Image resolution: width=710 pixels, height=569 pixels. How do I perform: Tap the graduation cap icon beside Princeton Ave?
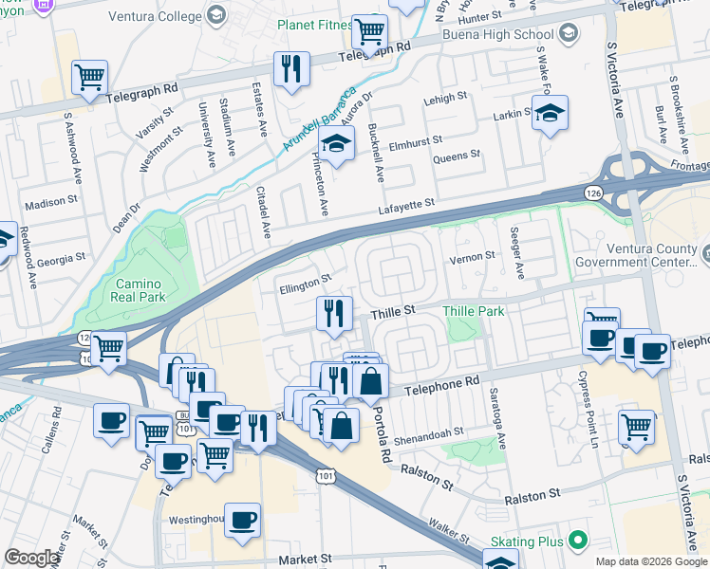click(335, 145)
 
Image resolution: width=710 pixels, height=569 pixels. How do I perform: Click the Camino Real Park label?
click(141, 291)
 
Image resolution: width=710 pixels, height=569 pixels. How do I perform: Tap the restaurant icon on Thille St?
click(333, 314)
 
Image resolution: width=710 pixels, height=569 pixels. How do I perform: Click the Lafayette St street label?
click(405, 203)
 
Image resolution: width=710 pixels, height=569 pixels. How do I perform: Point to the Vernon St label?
click(472, 256)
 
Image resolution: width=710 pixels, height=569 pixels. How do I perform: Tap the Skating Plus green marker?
click(577, 541)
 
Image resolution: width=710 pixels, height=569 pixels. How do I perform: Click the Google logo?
click(32, 558)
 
